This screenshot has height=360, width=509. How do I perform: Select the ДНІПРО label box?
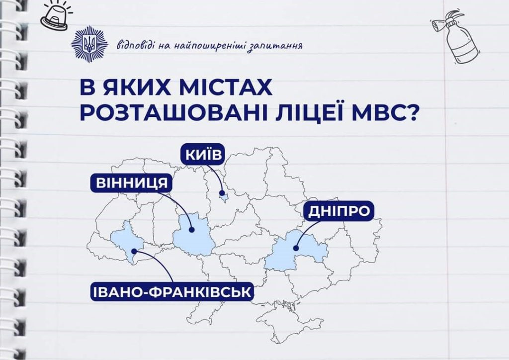point(339,211)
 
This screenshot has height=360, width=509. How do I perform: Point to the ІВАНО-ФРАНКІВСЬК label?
point(172,291)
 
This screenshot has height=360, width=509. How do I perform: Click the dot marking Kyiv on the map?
point(222,193)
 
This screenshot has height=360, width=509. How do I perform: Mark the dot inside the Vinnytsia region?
point(191,230)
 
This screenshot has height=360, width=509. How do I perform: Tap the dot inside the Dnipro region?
point(295,248)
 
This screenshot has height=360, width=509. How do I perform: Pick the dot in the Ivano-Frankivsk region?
point(134,251)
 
